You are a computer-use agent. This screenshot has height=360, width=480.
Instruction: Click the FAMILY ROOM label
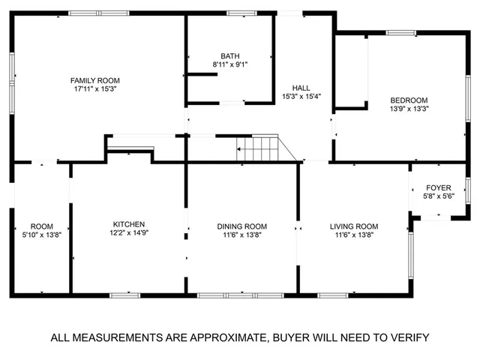(95, 80)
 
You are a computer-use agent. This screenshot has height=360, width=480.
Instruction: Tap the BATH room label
(230, 56)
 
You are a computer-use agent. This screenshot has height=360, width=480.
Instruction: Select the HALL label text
(301, 87)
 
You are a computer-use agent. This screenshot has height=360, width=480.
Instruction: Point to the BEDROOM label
(408, 100)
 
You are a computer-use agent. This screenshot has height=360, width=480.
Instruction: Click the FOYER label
(438, 187)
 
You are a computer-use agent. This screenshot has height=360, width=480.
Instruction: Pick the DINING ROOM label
(242, 226)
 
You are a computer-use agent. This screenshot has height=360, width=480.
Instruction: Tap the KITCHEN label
(129, 224)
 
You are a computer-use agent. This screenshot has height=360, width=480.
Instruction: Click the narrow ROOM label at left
(42, 226)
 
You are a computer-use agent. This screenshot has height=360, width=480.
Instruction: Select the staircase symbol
(259, 148)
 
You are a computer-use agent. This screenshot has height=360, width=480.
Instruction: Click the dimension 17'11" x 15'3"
(95, 89)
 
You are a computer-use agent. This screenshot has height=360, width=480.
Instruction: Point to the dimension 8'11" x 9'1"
(230, 65)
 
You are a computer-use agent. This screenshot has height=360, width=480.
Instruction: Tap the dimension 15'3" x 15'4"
(301, 96)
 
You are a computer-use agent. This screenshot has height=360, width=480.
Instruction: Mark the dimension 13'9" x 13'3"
(408, 109)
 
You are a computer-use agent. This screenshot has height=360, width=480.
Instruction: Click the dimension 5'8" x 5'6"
(438, 196)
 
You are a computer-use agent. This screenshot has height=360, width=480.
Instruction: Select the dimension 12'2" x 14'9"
(129, 233)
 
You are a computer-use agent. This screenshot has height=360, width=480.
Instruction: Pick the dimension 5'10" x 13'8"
(42, 235)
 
